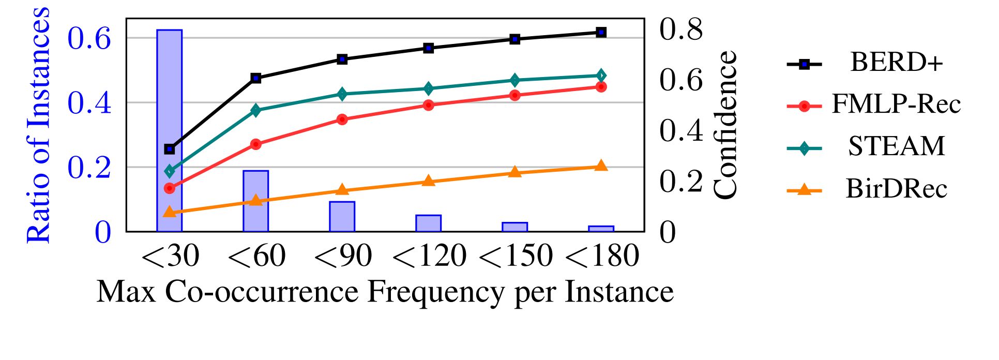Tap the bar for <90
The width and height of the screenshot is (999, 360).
(x=342, y=216)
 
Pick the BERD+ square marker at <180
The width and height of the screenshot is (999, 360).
(x=601, y=32)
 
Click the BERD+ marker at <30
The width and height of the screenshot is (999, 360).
(x=170, y=149)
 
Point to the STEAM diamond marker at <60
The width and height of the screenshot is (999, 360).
(x=256, y=110)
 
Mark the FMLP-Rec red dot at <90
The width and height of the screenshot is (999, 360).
(x=342, y=119)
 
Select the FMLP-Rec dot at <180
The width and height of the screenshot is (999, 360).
(x=601, y=87)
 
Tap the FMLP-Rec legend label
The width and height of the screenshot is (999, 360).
(x=896, y=104)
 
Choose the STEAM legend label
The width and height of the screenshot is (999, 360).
(x=896, y=146)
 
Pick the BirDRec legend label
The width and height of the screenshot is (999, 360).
(x=896, y=188)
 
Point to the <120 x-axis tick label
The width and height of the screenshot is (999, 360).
(x=429, y=256)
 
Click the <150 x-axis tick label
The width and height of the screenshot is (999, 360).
(x=516, y=256)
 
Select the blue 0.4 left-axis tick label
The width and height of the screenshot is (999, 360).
(x=89, y=102)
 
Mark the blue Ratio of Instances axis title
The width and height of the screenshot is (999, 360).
(x=39, y=125)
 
